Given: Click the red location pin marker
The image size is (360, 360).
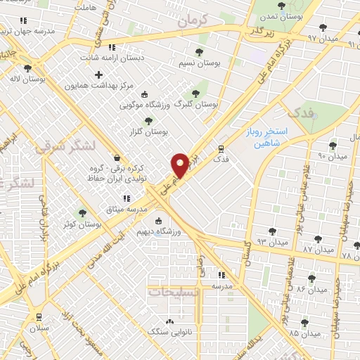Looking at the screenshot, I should [180, 165].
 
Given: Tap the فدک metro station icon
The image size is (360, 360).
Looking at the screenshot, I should [221, 149].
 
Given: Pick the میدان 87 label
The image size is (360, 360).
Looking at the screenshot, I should [316, 249].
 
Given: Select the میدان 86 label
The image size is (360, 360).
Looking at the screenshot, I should [309, 289].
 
